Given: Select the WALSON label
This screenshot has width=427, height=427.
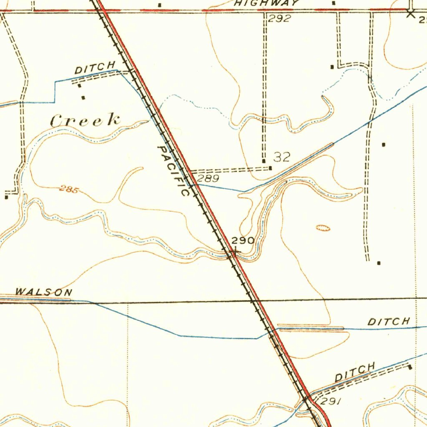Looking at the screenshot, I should pos(43,292).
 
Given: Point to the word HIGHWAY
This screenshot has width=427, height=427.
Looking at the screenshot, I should pos(267,3).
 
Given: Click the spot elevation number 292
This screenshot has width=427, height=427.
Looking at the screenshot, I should pos(279,18).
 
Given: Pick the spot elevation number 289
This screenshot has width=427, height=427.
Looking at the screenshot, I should pos(208,179).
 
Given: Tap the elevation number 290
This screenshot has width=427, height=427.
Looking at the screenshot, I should pos(243,240).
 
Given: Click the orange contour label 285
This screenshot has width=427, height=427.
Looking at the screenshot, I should pos(69,190).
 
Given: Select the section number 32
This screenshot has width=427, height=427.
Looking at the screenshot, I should pos(282,157).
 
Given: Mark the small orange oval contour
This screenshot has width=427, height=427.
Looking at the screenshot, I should pos(323,228).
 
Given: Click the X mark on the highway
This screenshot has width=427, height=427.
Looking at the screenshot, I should pos(411,13).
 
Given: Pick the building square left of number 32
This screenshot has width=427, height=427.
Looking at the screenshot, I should pos(264,161).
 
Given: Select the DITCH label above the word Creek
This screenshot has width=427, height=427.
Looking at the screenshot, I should pos(95,68).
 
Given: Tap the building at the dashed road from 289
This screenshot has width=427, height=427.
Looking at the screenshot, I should pos(271,168).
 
